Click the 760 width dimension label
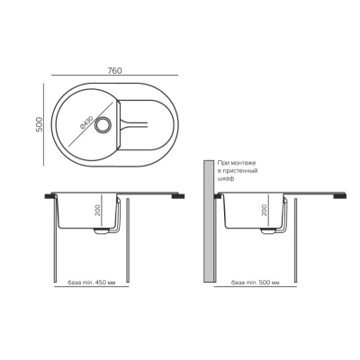114,71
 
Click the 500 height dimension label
40,124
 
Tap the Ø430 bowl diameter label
86,121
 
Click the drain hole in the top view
103,124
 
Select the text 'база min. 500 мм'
256,283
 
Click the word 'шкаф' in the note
225,178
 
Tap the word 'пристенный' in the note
238,171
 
